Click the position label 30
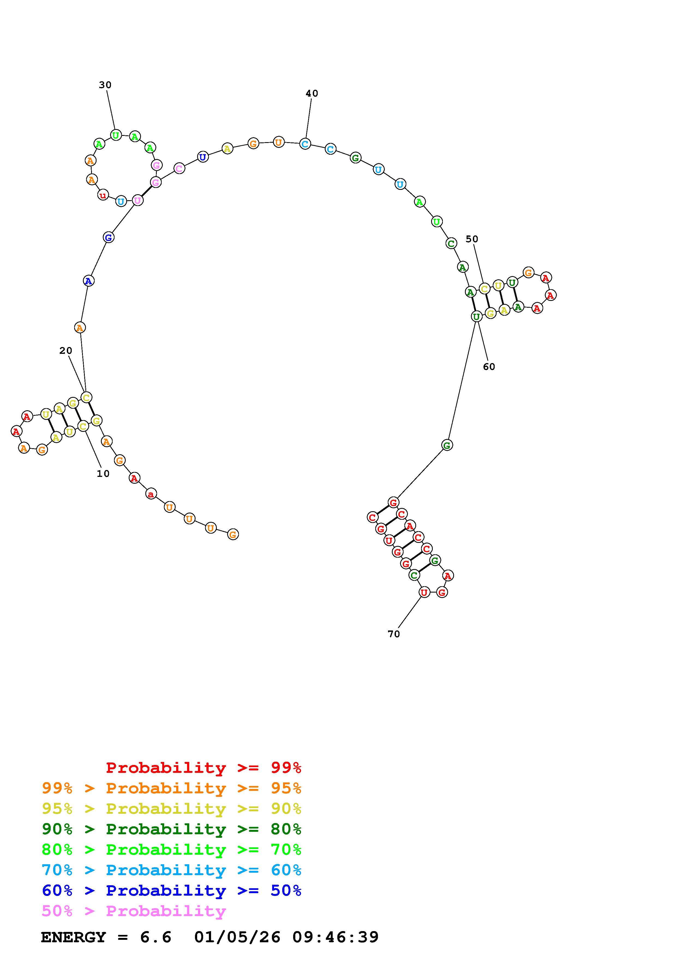pos(105,85)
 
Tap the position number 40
pos(312,93)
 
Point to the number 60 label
pos(489,367)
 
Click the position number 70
pos(393,634)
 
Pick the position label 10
pos(103,474)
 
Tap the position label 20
pos(65,351)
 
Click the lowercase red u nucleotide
pos(103,195)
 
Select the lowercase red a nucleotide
pos(151,494)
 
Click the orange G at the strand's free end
pos(233,534)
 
